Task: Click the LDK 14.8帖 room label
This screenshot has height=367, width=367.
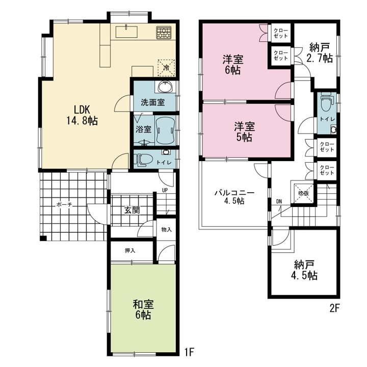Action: tap(82, 115)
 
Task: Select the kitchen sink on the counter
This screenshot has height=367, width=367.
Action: tap(126, 32)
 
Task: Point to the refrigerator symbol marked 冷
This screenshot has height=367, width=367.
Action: tap(166, 68)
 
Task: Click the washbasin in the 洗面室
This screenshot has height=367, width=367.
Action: tap(166, 87)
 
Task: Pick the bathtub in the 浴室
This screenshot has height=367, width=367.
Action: tap(165, 130)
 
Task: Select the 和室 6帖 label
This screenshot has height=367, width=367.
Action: tap(143, 310)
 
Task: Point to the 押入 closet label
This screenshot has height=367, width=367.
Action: tap(130, 250)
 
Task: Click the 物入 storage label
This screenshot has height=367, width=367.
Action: tap(166, 229)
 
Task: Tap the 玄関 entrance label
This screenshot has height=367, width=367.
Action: tap(132, 210)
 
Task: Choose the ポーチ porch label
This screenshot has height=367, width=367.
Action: tap(64, 205)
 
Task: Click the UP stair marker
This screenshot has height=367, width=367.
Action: tap(165, 190)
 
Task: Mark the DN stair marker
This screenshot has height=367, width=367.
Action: tap(279, 201)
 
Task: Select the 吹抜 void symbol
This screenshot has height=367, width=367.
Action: tap(304, 193)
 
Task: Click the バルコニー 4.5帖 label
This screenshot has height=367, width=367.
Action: tap(234, 197)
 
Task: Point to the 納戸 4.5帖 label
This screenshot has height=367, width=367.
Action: tap(304, 270)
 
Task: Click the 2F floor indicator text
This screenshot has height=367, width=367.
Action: tap(334, 308)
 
